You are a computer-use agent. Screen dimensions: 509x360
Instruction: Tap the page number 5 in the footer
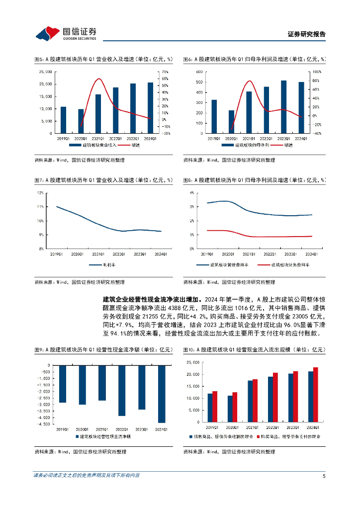pos(324,476)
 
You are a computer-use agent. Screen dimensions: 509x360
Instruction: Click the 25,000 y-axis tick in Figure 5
pos(46,72)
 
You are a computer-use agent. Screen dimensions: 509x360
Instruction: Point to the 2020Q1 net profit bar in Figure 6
pos(231,122)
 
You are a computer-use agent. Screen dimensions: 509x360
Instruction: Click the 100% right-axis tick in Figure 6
pos(316,72)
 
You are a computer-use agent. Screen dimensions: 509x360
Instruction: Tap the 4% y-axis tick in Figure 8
pos(190,192)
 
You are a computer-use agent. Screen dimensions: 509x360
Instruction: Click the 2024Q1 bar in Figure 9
pos(162,394)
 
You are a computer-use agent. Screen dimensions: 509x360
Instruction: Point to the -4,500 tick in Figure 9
pos(43,424)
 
